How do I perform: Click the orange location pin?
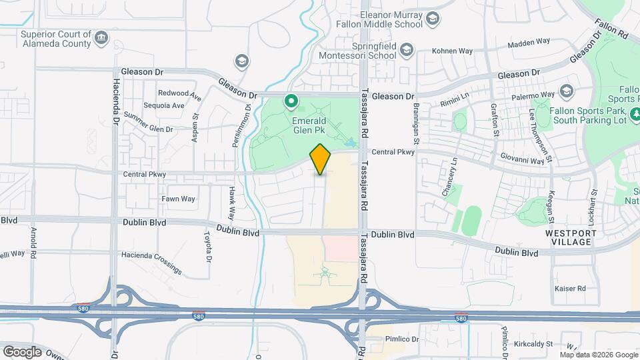321,159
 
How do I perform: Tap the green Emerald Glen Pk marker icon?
291,102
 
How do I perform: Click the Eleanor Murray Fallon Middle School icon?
432,18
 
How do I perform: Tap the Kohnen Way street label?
452,51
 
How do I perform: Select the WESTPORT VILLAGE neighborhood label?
568,237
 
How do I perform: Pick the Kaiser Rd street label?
570,289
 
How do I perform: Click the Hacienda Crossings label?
151,263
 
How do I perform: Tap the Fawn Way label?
178,199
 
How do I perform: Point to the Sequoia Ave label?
164,105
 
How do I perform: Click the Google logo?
22,351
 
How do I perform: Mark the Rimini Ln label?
455,103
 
